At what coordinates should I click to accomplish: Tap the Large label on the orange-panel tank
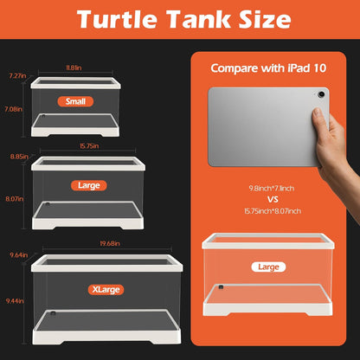(267, 267)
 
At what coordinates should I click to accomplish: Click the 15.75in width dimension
(89, 146)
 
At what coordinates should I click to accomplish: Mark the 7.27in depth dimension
(15, 76)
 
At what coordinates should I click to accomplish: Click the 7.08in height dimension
(13, 109)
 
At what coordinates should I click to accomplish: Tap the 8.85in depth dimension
(15, 157)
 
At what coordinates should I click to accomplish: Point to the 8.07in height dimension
(14, 198)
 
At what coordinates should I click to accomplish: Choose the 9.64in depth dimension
(15, 254)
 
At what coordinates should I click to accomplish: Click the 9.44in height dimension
(13, 300)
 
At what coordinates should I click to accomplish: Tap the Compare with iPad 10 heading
(267, 67)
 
